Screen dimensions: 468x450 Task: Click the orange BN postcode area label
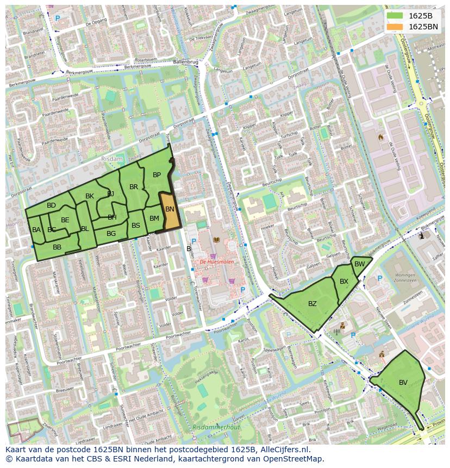(170, 209)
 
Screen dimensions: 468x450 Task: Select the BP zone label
(157, 175)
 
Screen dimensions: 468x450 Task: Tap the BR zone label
(134, 187)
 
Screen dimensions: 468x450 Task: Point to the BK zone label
(90, 196)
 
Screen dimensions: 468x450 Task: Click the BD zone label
(51, 205)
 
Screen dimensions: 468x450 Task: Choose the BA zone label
(36, 230)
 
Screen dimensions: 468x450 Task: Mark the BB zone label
(57, 247)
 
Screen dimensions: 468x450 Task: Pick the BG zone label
(111, 234)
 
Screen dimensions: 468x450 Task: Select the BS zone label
(136, 226)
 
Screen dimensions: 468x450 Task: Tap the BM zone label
(154, 219)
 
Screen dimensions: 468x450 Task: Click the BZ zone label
(312, 304)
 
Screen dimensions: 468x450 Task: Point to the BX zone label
(344, 282)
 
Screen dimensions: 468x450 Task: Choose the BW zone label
(359, 264)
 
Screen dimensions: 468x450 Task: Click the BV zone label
(403, 383)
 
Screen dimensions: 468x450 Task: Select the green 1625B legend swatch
(395, 16)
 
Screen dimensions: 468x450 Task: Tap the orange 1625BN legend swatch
(395, 27)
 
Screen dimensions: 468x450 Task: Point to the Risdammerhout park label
(216, 427)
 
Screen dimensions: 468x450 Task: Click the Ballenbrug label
(185, 62)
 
